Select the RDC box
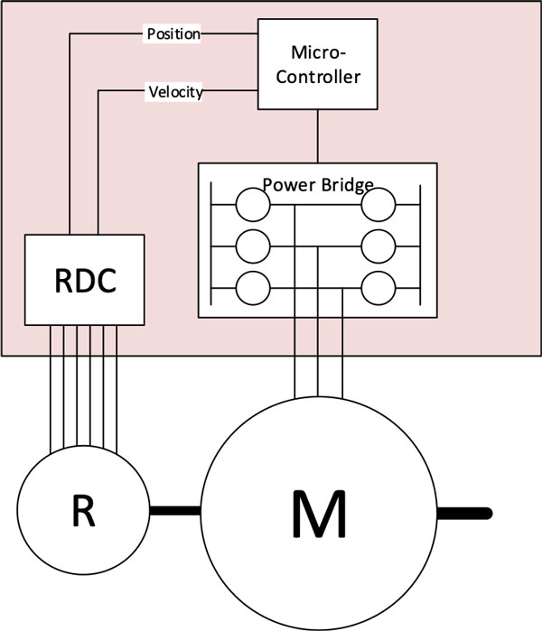(x=84, y=279)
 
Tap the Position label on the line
(x=173, y=34)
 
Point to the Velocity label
(x=174, y=91)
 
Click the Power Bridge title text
(x=317, y=185)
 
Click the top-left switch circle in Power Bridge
(x=253, y=205)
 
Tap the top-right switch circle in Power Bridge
(x=379, y=205)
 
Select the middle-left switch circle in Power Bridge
(x=253, y=246)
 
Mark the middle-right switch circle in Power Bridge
(x=379, y=246)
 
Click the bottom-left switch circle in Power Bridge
(x=253, y=289)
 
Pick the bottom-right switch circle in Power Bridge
(x=379, y=289)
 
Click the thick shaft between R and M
(x=173, y=512)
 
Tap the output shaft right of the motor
(x=465, y=512)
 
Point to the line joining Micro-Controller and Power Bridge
(x=317, y=135)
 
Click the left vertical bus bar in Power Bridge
(x=212, y=246)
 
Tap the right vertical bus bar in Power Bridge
(x=421, y=246)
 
